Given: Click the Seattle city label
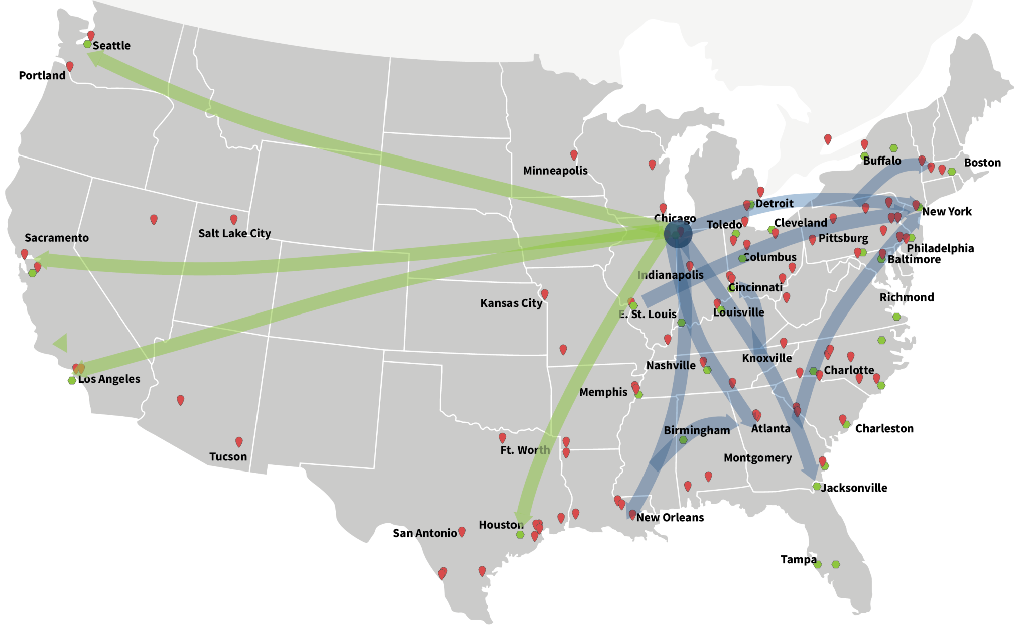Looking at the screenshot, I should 111,46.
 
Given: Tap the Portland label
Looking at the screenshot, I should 42,76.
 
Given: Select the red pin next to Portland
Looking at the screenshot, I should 70,66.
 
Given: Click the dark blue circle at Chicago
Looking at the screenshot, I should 678,234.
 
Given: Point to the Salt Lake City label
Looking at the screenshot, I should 234,234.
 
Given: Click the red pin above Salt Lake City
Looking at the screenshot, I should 234,219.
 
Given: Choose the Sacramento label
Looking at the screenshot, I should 57,238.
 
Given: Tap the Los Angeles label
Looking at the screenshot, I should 109,379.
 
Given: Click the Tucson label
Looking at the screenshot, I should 228,457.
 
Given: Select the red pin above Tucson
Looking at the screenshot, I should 239,441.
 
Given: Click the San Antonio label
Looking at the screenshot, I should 425,533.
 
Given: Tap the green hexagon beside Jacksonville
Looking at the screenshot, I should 817,487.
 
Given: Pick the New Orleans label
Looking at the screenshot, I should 670,518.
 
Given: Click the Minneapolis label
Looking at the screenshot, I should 555,171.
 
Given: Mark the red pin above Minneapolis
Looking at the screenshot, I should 574,154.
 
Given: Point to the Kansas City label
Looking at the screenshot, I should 511,303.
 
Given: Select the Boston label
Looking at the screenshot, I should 982,163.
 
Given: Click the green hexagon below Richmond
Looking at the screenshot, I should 896,317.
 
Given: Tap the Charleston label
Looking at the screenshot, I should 884,429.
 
